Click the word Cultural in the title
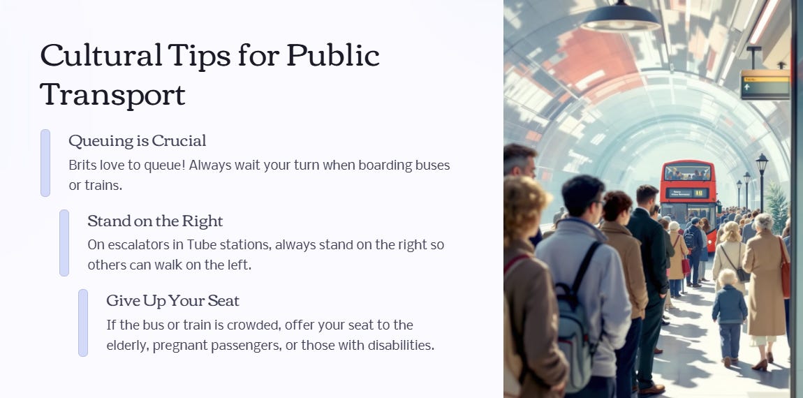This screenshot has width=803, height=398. [x=101, y=55]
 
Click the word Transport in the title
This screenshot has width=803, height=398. [x=112, y=94]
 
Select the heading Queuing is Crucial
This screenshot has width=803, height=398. [x=138, y=141]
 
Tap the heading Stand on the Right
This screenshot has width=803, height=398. [x=155, y=221]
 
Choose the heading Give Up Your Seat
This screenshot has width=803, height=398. [x=172, y=301]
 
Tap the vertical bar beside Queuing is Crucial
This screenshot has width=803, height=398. [x=45, y=163]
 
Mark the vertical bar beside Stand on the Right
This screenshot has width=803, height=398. [x=64, y=243]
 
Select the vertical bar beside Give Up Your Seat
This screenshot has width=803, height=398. [x=83, y=323]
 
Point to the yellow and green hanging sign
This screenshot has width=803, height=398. [x=765, y=84]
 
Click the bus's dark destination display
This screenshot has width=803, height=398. [x=687, y=193]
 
